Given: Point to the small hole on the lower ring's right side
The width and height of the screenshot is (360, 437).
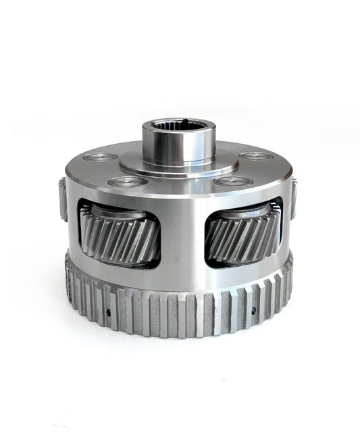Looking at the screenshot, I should coord(254,311).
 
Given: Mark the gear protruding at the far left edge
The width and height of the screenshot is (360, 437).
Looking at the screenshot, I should coord(61,199).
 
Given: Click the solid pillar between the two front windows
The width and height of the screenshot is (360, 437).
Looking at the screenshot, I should coord(182,236).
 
